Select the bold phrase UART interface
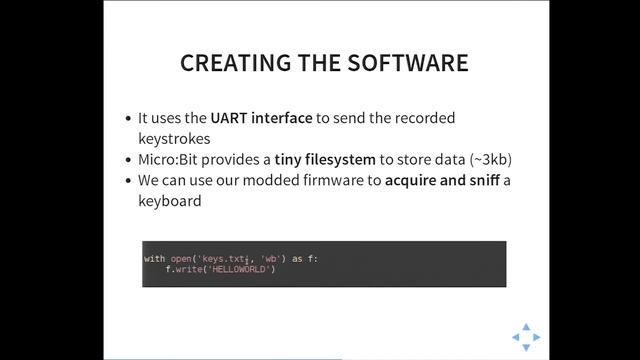pos(261,117)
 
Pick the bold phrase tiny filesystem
pos(325,159)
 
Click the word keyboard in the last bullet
pos(170,201)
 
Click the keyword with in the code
pos(155,259)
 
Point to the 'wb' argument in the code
pos(270,259)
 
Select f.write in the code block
pos(183,269)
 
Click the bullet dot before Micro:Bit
pos(127,160)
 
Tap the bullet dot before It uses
pos(127,118)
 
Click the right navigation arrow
pos(537,337)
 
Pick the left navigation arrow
pos(516,337)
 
